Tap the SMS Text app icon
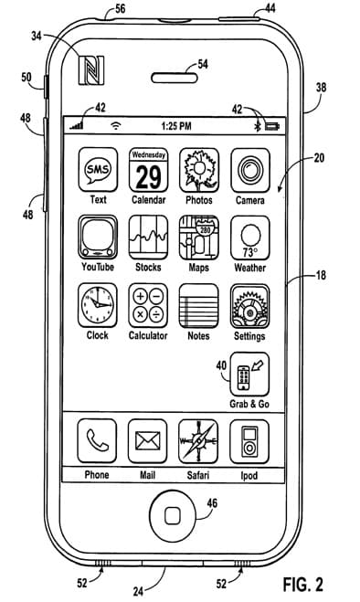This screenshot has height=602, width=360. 98,170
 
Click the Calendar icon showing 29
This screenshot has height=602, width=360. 148,170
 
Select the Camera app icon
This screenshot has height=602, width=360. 250,170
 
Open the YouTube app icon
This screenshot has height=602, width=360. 98,237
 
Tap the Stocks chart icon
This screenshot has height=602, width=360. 148,238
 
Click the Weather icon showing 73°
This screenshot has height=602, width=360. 250,238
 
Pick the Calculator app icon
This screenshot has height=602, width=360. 148,305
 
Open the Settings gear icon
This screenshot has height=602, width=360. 250,306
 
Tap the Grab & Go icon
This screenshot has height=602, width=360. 249,374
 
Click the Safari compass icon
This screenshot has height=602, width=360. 198,441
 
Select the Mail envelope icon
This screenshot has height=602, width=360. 147,441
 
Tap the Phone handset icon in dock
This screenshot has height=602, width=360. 97,440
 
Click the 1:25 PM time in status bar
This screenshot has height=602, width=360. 176,126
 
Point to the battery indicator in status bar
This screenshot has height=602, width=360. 272,126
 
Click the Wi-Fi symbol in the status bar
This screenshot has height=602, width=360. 116,125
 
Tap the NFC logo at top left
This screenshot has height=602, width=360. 91,70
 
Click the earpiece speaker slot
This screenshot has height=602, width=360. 175,79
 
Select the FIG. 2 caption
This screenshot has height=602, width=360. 303,584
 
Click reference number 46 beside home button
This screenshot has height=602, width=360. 212,503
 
